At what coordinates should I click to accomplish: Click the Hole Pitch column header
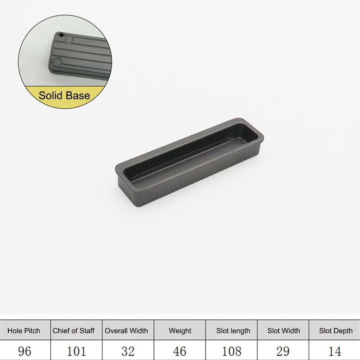[x=24, y=330]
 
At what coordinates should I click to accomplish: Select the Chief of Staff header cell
[x=73, y=330]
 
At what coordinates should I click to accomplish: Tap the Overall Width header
[x=126, y=330]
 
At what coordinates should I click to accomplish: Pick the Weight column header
[x=180, y=330]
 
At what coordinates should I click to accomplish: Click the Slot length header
[x=233, y=330]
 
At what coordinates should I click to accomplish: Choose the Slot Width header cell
[x=284, y=330]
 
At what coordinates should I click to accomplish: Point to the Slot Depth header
[x=336, y=330]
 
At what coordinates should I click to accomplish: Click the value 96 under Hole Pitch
[x=24, y=351]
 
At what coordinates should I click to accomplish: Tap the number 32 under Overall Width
[x=127, y=351]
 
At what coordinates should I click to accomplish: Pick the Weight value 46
[x=180, y=351]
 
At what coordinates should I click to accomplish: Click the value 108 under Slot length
[x=233, y=351]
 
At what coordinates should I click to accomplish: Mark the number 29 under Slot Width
[x=283, y=351]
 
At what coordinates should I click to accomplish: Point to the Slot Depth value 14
[x=335, y=351]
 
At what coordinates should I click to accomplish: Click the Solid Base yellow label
[x=64, y=96]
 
